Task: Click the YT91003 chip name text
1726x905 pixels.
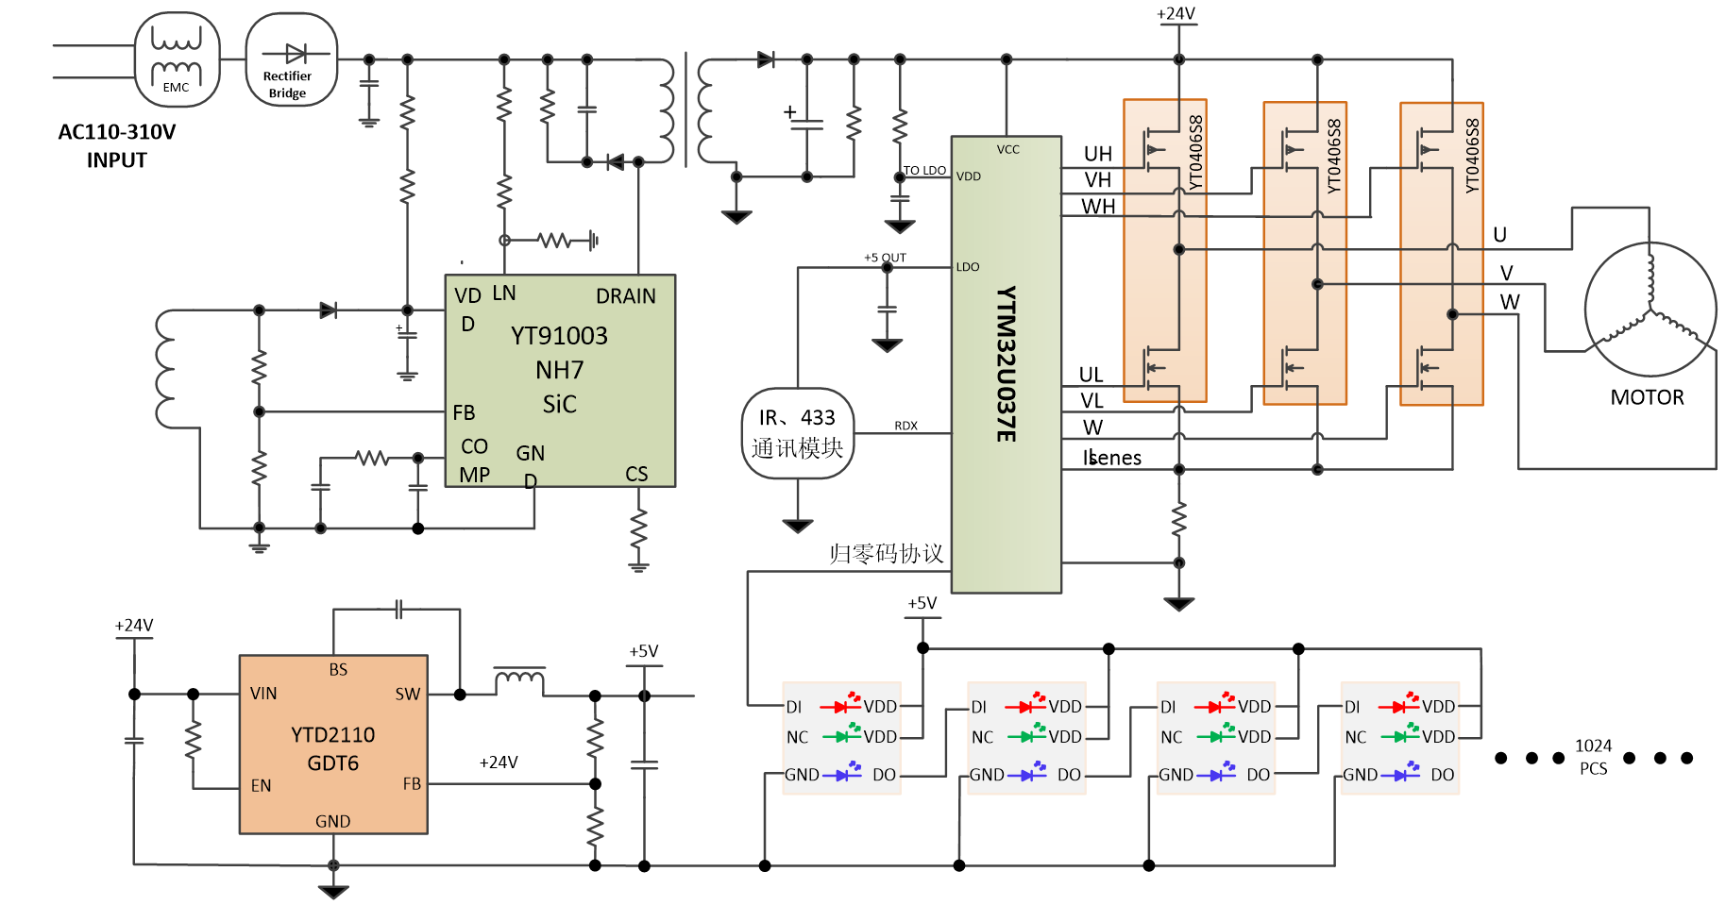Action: [559, 336]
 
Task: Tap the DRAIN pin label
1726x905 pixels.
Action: [625, 296]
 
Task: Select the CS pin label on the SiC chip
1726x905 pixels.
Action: [636, 474]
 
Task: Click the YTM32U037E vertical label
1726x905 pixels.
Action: [1007, 363]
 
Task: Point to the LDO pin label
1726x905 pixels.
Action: [968, 267]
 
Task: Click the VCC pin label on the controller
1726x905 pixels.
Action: [1007, 149]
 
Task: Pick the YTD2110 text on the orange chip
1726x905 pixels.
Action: [332, 735]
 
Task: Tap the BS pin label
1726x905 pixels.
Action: [338, 670]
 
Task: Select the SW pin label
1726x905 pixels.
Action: [407, 695]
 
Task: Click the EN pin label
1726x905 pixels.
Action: [261, 785]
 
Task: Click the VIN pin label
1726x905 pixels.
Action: [263, 694]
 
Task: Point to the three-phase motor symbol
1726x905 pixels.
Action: [1650, 309]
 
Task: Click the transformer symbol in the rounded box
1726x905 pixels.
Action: [177, 59]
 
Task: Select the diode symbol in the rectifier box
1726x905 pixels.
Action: [293, 55]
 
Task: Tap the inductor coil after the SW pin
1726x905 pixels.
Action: [519, 678]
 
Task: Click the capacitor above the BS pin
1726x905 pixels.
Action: [398, 610]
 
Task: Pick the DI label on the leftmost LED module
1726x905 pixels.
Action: [794, 707]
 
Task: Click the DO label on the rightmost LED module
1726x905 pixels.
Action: [1442, 775]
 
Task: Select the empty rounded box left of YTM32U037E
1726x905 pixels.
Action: [798, 434]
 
